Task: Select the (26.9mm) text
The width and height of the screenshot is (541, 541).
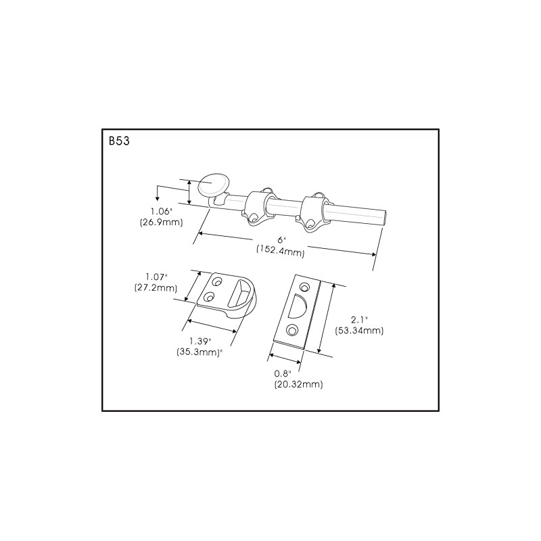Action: [161, 222]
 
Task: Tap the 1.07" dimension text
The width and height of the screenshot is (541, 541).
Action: [156, 277]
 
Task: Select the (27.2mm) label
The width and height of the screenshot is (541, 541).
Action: [156, 287]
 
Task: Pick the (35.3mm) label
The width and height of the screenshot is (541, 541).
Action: [200, 352]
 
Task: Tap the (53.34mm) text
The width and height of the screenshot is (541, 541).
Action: [359, 331]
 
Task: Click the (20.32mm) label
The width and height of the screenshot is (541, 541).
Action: [298, 385]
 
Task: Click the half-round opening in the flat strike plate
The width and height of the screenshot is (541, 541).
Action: [298, 307]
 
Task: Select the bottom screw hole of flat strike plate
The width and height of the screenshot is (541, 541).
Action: [291, 329]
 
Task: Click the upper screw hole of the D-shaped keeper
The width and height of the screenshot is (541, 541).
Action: [218, 281]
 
